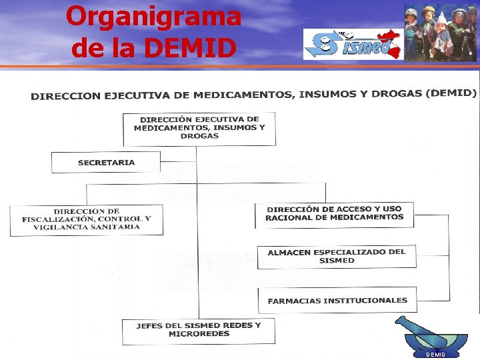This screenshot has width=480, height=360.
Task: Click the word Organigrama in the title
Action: point(153,16)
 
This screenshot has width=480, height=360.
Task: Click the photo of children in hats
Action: point(440,33)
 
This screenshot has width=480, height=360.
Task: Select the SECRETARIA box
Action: point(106,162)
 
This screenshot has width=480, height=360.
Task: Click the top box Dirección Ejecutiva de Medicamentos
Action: point(199,128)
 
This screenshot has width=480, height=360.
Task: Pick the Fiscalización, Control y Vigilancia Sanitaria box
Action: point(86,219)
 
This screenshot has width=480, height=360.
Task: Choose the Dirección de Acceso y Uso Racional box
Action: point(335,213)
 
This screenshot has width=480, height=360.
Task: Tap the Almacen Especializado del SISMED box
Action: point(337,256)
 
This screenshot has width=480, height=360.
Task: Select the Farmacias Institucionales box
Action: point(337,301)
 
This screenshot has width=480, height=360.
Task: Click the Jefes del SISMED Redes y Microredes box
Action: point(198,330)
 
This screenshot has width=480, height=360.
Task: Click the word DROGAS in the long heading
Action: point(391,94)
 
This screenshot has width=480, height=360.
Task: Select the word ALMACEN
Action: point(289,253)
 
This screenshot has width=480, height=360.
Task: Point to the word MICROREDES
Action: point(199,334)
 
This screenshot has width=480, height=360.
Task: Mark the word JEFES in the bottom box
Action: point(150,326)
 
